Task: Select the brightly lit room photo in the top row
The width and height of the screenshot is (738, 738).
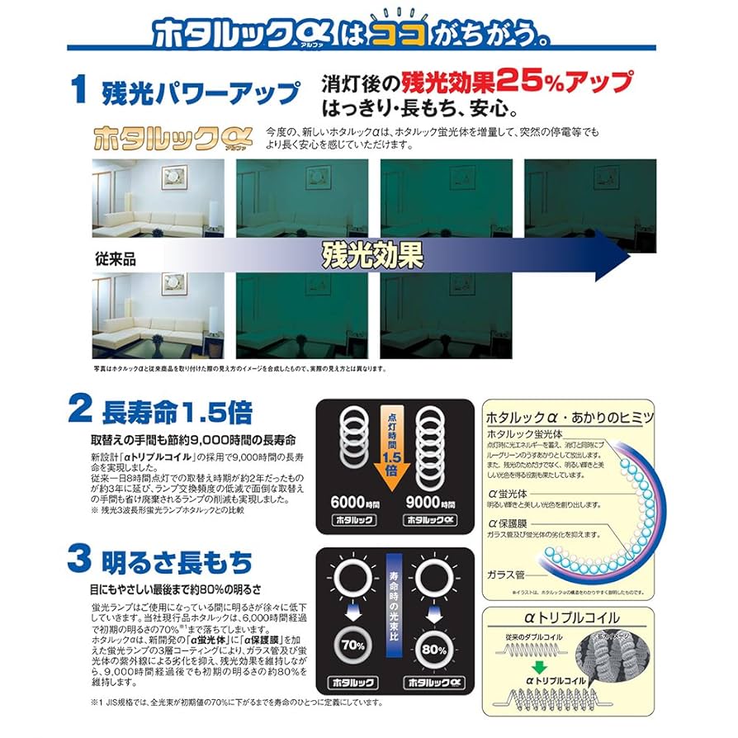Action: tap(158, 197)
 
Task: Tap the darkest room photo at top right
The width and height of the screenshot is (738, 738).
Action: tap(589, 197)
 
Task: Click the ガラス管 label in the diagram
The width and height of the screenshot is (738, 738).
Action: tap(506, 572)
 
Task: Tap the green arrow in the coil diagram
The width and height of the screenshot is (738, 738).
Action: tap(539, 665)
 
